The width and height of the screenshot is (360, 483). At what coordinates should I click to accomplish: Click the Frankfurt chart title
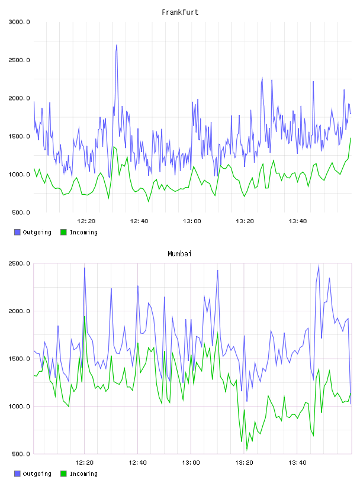point(180,12)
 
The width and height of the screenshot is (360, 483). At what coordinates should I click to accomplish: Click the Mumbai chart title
point(179,254)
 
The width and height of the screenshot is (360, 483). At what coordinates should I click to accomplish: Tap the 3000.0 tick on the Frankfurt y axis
point(19,22)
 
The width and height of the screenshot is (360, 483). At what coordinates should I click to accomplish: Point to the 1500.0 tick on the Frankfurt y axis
point(19,137)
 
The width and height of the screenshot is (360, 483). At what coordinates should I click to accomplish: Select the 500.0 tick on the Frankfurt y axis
point(21,212)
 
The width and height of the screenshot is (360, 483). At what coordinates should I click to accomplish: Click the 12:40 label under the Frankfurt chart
point(139,221)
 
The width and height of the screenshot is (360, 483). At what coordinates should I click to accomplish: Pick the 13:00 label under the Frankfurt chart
point(192,221)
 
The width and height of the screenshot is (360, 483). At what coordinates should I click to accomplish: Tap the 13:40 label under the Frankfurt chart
point(298,221)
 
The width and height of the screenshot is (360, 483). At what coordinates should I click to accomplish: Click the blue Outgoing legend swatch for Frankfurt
point(17,232)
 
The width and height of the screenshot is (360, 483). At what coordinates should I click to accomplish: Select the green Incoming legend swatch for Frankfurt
point(63,232)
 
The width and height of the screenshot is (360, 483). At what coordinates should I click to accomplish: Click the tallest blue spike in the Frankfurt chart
point(117,45)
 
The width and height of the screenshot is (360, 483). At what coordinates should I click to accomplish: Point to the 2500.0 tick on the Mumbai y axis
point(19,263)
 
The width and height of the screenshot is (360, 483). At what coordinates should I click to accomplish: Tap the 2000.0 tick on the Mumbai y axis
point(19,311)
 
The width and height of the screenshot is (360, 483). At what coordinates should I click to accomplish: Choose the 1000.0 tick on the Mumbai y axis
point(19,406)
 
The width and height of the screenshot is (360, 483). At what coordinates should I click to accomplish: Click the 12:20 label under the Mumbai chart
point(85,463)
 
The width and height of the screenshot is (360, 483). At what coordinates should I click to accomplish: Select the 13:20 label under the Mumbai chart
point(245,463)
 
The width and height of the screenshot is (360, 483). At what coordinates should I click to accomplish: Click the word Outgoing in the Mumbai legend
point(37,474)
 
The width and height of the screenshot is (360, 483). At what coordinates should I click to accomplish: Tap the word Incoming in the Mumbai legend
point(83,474)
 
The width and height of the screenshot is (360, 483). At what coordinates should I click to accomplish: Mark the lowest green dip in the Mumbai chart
point(247,449)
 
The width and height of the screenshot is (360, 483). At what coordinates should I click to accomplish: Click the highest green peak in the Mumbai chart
point(85,317)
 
